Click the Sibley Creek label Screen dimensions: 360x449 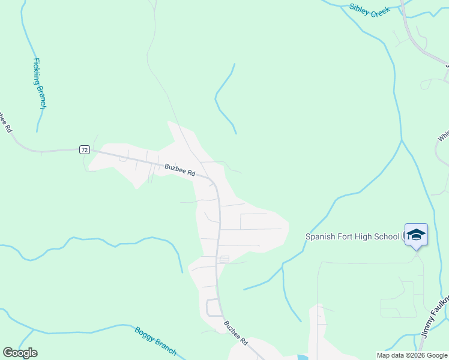[370, 10]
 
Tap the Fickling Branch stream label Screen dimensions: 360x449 [39, 83]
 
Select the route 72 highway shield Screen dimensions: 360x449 [84, 149]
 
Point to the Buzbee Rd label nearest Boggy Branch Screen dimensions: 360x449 [236, 333]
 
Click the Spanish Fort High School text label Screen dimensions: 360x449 [352, 236]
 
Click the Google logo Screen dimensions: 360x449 [20, 353]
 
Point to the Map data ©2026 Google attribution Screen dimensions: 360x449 [412, 355]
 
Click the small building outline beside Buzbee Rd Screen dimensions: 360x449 [224, 259]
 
